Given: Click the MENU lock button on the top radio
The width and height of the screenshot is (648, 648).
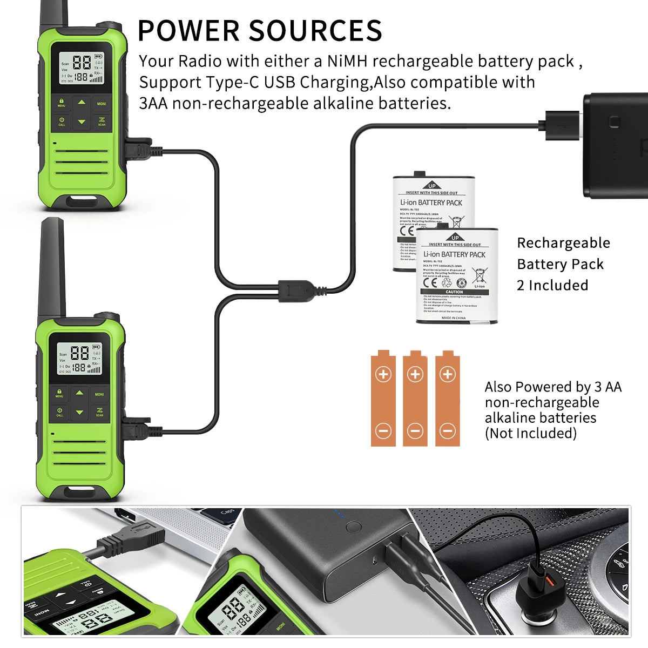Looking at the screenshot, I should (62, 103).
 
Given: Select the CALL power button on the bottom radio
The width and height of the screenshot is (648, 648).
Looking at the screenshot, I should (59, 412).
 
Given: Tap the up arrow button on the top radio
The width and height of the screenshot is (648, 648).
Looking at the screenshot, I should (82, 102).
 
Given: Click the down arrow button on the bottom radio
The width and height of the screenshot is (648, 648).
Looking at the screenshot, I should (79, 413).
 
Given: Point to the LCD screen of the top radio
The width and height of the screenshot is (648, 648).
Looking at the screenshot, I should (81, 68).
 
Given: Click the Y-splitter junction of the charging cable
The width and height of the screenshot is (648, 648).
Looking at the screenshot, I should (294, 290).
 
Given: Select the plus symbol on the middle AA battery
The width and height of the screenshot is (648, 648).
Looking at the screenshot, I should (415, 374).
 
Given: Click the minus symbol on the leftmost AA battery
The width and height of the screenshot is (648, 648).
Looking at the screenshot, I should (383, 430).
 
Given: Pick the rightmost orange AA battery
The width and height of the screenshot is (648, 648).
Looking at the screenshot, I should (447, 400).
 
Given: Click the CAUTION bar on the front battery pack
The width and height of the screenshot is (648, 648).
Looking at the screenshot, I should (454, 292).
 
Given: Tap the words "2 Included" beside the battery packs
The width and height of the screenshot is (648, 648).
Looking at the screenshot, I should (552, 285).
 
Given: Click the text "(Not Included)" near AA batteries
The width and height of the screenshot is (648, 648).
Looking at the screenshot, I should (530, 433).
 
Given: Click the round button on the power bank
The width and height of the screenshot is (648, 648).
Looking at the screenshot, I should (354, 526).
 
